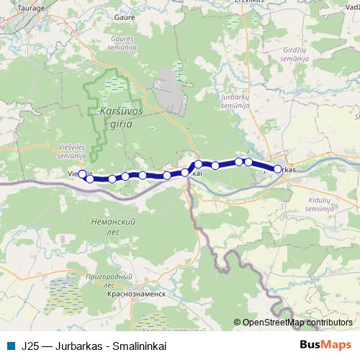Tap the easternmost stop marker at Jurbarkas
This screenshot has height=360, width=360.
277,169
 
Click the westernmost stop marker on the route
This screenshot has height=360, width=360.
82,174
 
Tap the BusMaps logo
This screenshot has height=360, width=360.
325,344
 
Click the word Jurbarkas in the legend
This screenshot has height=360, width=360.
71,345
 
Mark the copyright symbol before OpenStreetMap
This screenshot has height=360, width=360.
237,323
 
